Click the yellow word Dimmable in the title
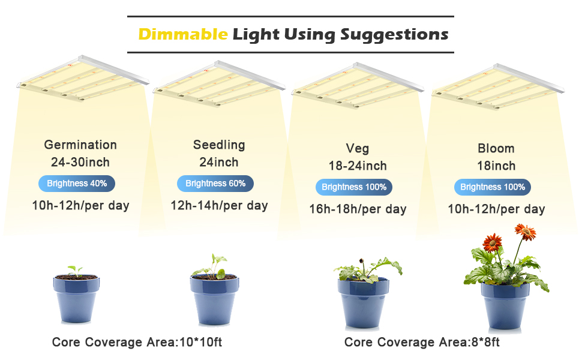[183, 34]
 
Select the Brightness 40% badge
[77, 184]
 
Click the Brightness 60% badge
[215, 184]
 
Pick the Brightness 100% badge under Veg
[354, 187]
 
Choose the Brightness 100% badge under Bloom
[493, 187]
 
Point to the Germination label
[80, 145]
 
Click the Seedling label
[219, 145]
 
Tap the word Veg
[358, 148]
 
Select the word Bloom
[496, 148]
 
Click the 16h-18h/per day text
[358, 209]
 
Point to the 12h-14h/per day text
[220, 205]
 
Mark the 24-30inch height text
[80, 162]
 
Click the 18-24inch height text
[358, 166]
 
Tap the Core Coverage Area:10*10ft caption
[137, 342]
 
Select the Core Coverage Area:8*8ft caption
[422, 342]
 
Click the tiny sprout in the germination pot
[75, 271]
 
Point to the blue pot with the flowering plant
[505, 305]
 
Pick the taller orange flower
[525, 232]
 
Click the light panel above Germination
[83, 79]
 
